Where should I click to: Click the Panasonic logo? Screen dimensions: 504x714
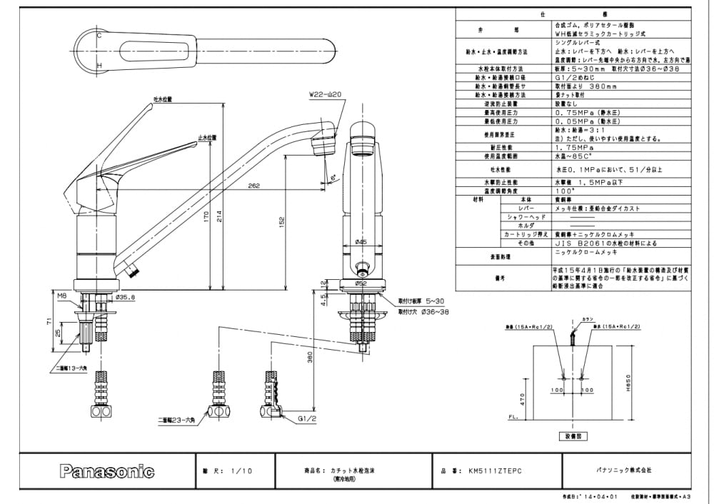tap(106, 471)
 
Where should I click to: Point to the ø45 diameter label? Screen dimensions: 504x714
tap(361, 242)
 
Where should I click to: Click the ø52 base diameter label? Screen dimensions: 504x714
tap(361, 283)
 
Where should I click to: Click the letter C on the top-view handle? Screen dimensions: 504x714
tap(99, 34)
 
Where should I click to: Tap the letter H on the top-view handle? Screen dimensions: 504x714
tap(99, 66)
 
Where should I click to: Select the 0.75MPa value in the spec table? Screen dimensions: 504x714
tap(575, 113)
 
